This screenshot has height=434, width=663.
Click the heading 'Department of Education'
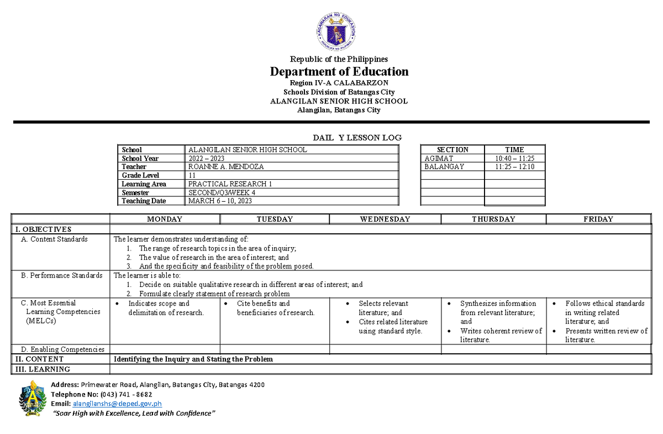(x=339, y=72)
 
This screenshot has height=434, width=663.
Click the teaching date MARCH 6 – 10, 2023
(x=220, y=201)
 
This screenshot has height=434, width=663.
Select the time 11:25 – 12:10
(x=514, y=166)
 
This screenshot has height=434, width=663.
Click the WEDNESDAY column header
(x=385, y=219)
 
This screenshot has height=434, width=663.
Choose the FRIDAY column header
(x=598, y=219)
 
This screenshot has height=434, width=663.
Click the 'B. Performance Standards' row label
(x=61, y=275)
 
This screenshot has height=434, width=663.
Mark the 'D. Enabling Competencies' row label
(x=62, y=349)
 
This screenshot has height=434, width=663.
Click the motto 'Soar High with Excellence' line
(x=133, y=414)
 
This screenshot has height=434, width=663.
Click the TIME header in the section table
(x=514, y=149)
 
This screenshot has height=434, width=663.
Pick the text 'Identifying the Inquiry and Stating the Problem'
(x=193, y=359)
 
